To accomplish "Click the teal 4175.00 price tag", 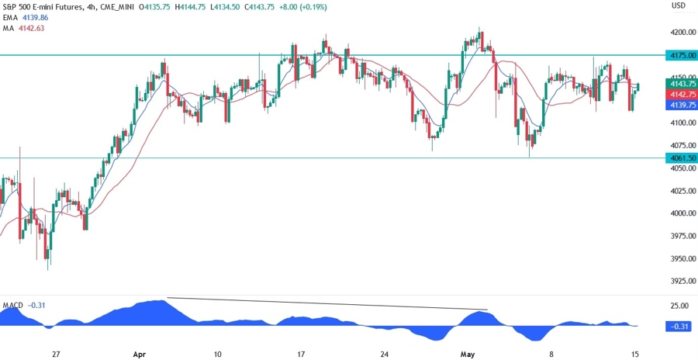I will coord(679,56).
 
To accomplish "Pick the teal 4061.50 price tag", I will coord(679,158).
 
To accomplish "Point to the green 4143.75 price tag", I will coord(679,83).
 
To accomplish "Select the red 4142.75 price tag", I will coord(679,93).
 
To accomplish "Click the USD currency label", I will coord(678,6).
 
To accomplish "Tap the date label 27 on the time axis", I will coord(56,354).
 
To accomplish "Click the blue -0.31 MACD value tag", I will coord(679,327).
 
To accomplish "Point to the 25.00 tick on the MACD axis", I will coord(679,306).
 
